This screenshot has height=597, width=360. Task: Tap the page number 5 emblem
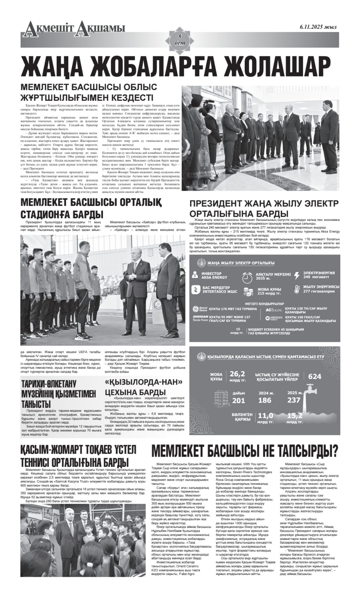coord(179,39)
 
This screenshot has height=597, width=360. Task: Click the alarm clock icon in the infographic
coord(247,278)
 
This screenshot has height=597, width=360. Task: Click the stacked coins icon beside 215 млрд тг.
coord(248,291)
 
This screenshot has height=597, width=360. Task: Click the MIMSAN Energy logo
coord(273,319)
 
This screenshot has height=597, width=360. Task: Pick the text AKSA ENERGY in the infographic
coord(214,278)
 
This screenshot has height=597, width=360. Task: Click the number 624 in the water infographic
coord(314,376)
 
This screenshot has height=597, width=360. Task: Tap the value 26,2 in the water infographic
coord(237,374)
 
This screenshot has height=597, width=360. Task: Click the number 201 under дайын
coord(239,400)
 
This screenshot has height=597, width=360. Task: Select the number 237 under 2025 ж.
coord(294,400)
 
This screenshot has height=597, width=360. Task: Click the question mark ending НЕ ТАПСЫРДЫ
coord(334,451)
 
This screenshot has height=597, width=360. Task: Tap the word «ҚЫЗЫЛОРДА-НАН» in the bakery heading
coord(144,382)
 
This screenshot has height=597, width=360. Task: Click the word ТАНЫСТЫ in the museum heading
coord(36,404)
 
